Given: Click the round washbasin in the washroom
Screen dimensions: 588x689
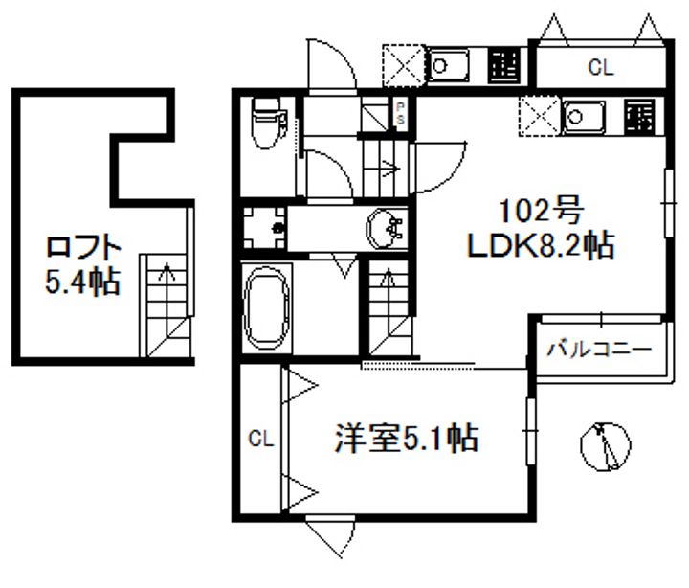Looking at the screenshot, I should coord(387,228).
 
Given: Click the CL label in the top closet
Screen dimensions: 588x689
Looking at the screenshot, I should coord(600,67).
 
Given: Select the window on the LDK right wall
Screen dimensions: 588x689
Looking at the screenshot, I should coord(667,202).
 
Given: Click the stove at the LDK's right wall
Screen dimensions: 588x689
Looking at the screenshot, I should coord(639,117).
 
